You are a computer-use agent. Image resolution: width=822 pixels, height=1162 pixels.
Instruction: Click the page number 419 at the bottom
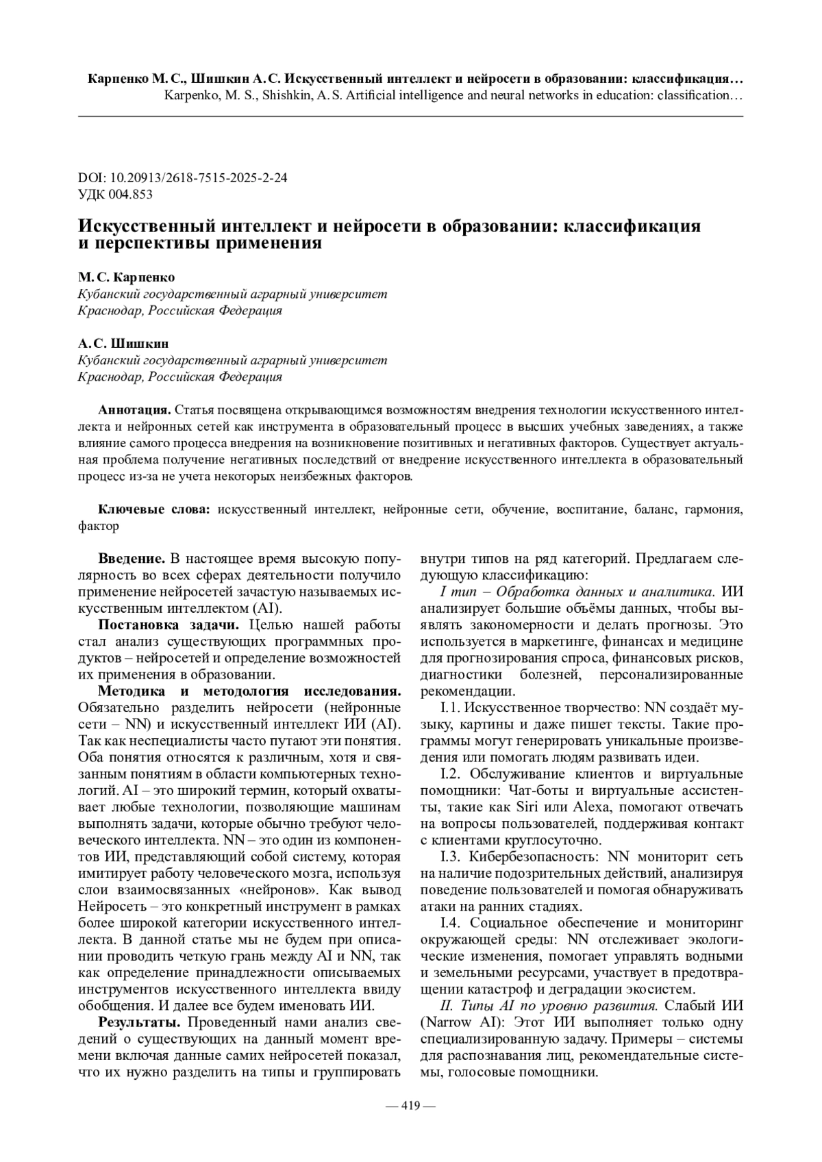(x=410, y=1105)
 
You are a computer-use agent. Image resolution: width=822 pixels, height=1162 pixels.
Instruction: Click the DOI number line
(x=183, y=177)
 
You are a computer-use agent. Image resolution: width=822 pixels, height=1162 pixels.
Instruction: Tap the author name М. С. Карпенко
(x=126, y=277)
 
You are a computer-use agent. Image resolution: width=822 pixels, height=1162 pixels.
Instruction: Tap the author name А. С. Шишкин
(x=123, y=343)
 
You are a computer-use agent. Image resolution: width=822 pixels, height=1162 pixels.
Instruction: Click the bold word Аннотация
(x=134, y=410)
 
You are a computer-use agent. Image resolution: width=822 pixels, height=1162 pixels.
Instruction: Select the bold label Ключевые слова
(x=156, y=509)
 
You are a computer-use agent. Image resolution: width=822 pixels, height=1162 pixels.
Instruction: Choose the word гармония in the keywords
(x=711, y=509)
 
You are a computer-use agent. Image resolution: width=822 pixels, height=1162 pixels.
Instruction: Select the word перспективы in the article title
(x=155, y=243)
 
